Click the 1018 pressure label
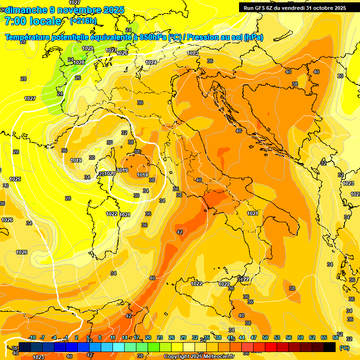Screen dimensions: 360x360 click(x=142, y=175)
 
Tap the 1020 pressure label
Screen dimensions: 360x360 click(x=110, y=173)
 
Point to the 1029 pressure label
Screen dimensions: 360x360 click(x=88, y=48)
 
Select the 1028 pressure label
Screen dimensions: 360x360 click(x=79, y=62)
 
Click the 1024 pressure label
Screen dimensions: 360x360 click(x=151, y=62)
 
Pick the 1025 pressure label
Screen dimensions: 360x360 click(x=15, y=179)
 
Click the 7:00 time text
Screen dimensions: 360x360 click(x=15, y=21)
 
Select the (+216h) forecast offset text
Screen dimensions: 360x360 click(x=83, y=21)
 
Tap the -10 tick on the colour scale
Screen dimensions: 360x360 click(x=32, y=337)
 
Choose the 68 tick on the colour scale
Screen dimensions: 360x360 click(x=336, y=337)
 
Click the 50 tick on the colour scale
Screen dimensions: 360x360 click(x=265, y=337)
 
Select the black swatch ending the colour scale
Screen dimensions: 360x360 click(x=330, y=347)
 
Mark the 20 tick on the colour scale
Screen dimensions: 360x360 click(x=148, y=337)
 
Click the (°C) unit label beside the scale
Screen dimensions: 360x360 click(x=345, y=348)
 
